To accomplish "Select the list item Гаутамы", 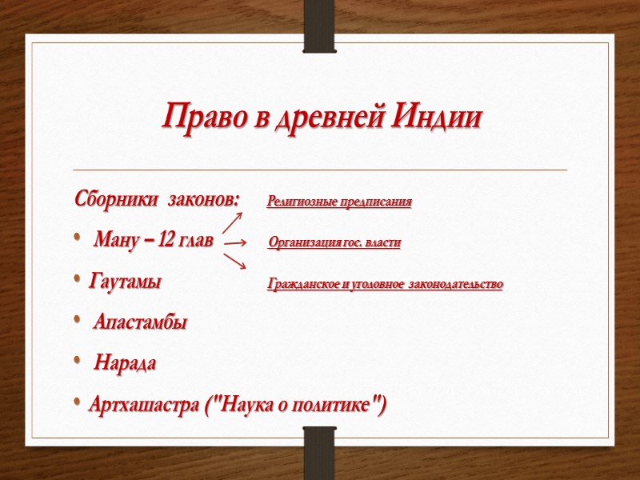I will coord(126,282).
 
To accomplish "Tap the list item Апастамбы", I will coord(140,323).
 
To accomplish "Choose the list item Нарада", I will coord(126,364).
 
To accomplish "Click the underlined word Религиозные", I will coord(301,202).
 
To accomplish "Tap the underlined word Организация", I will coord(303,242).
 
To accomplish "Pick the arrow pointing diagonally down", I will coord(235,261).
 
